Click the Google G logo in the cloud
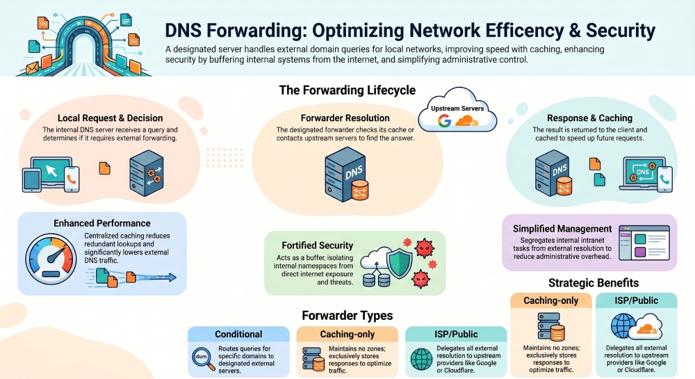444,120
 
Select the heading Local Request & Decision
110,118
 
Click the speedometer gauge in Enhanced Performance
51,259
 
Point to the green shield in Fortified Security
400,264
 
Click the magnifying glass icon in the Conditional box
203,358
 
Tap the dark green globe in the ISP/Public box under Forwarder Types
421,359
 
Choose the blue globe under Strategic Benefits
623,326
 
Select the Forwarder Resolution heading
345,118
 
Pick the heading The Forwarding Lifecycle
347,90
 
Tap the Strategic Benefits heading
594,283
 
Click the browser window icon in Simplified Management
644,243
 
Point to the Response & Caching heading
589,118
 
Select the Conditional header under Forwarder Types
238,334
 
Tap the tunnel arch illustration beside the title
83,45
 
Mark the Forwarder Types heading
347,316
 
